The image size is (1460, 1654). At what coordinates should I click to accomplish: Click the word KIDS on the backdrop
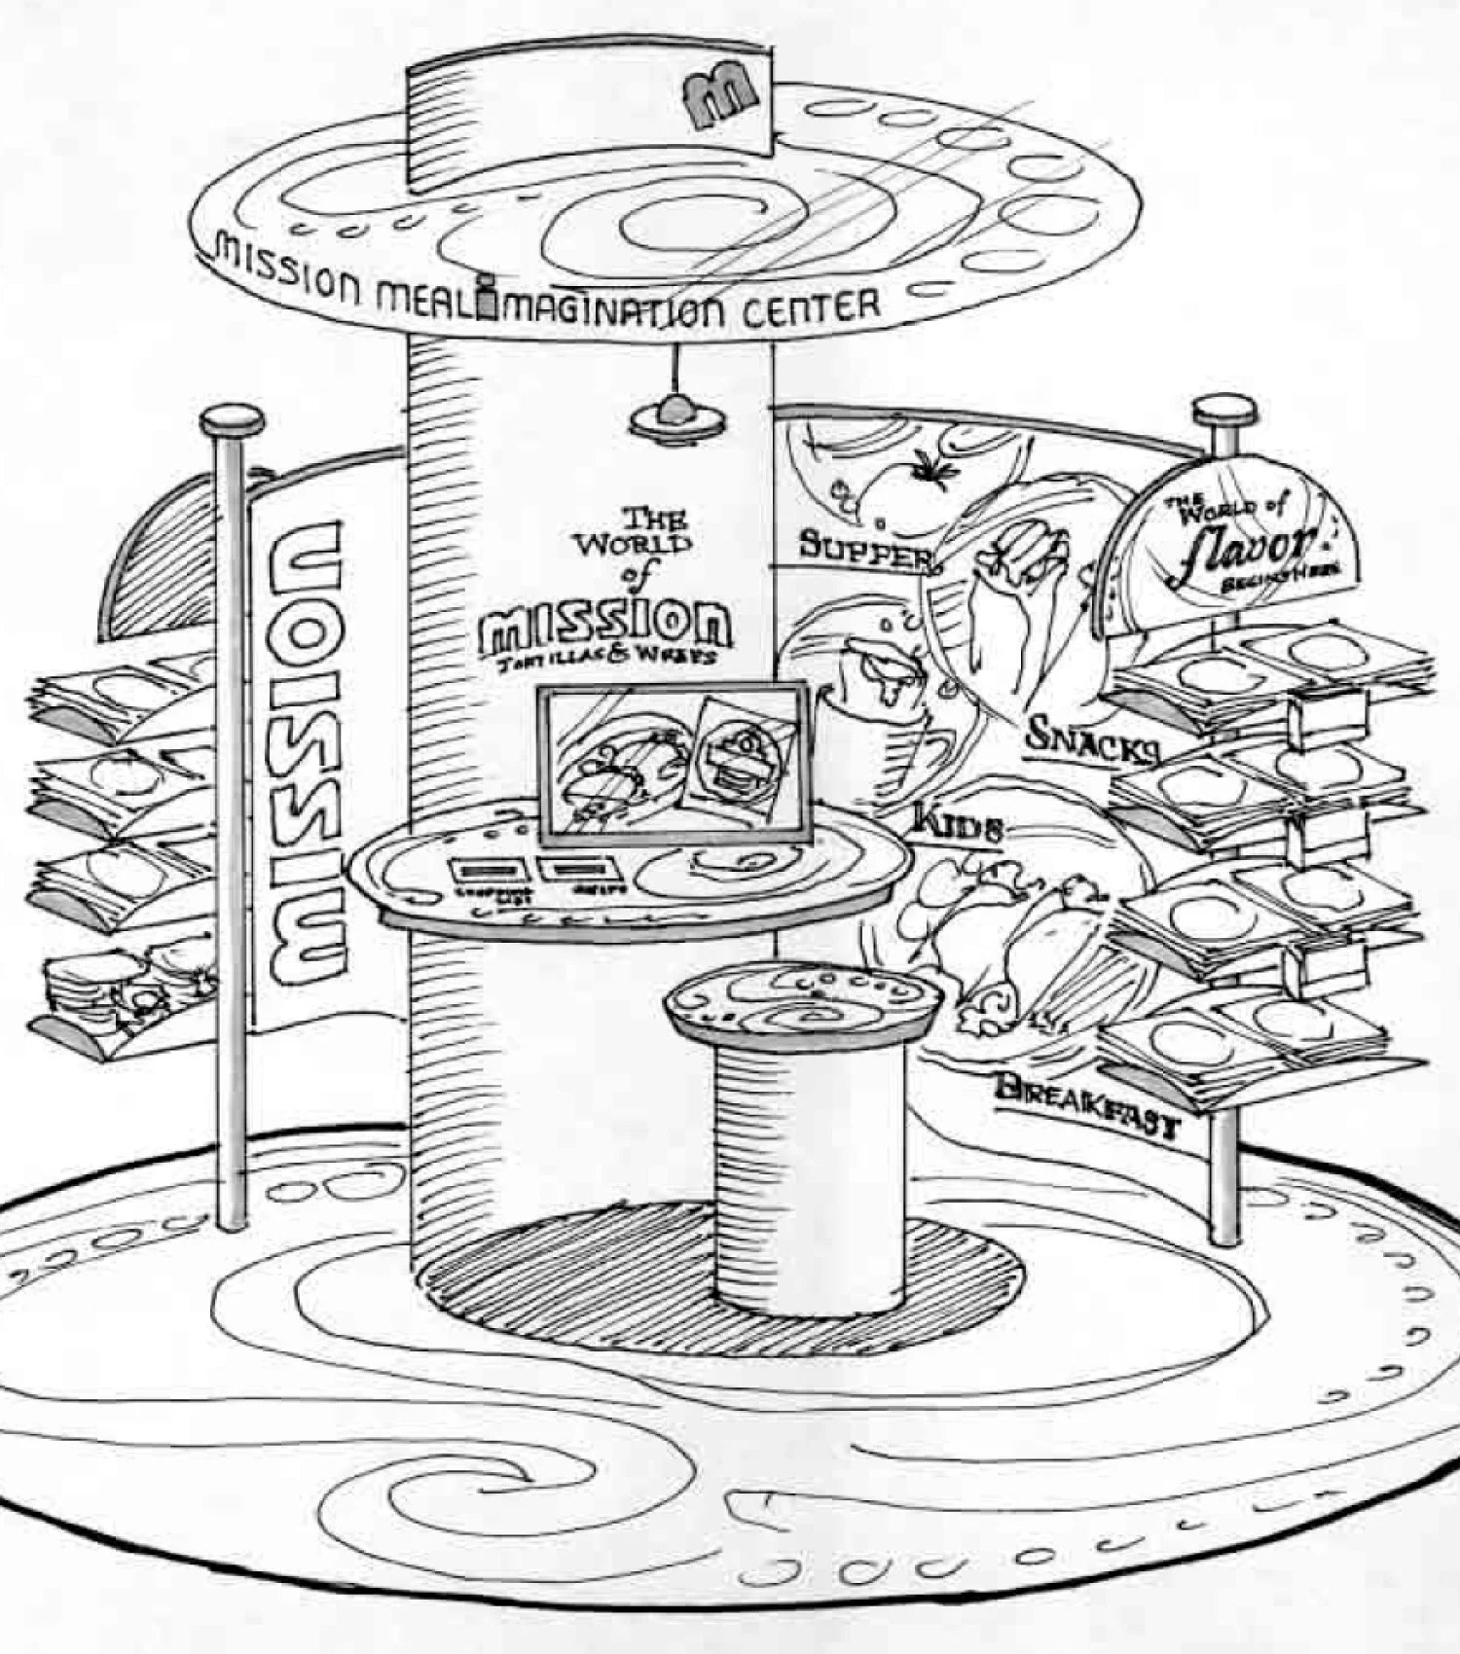point(958,825)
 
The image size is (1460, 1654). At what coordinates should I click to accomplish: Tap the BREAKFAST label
point(1086,1104)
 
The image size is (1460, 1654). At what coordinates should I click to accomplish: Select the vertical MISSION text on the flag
point(305,749)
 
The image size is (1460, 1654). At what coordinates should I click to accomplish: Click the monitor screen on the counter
point(675,763)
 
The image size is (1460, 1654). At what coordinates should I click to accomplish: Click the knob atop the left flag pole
point(233,421)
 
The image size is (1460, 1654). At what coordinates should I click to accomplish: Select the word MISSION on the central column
point(605,623)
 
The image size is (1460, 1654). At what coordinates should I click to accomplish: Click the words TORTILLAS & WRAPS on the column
point(605,658)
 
